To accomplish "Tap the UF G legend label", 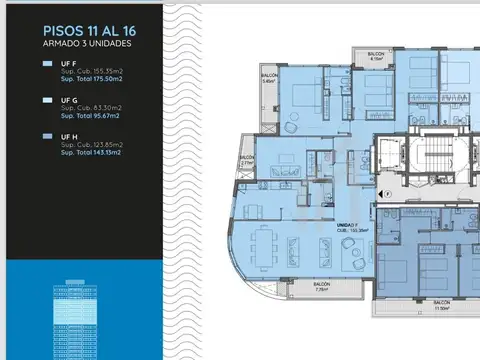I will (68, 99).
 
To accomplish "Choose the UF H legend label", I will (68, 135).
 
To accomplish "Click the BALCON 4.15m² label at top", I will (376, 58).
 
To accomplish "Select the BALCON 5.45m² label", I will (269, 78).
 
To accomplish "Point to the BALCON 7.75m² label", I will (321, 287).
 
